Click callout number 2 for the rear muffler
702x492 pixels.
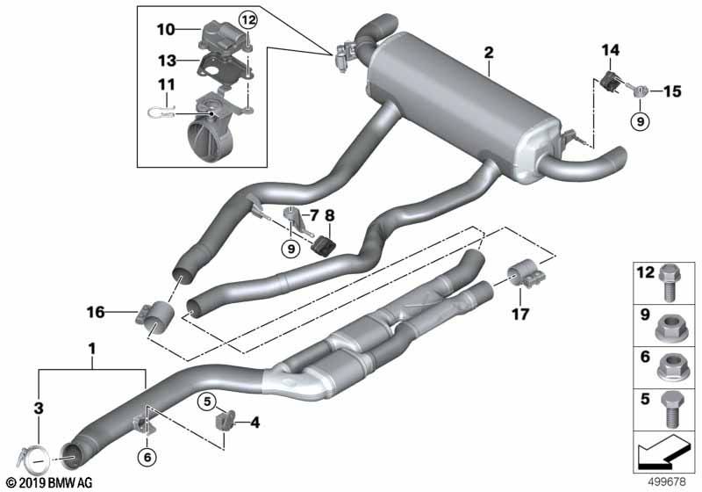point(488,54)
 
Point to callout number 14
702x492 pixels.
point(606,52)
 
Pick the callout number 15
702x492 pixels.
point(671,90)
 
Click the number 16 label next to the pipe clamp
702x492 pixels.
point(97,310)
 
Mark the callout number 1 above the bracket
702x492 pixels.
point(91,349)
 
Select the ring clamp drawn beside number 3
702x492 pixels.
point(35,456)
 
